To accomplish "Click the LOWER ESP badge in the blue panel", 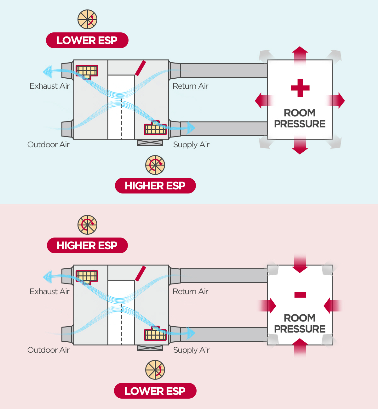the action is pos(87,40).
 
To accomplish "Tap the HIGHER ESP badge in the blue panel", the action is pos(155,186).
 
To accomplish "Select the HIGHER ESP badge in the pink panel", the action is pos(87,245).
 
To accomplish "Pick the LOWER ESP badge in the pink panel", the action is pos(155,391).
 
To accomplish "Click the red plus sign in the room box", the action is pos(300,88).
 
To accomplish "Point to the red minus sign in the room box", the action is pos(300,295).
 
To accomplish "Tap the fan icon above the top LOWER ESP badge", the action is pos(87,19).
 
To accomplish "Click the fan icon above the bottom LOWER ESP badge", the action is pos(155,370).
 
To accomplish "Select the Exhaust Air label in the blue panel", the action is pos(49,86).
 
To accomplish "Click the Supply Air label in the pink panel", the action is pos(191,350).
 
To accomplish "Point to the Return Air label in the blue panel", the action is pos(190,86).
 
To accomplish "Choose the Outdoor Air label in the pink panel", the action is pos(48,350).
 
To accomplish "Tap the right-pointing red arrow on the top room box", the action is pos(336,100).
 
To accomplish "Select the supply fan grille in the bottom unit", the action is pos(155,333).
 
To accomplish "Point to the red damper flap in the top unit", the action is pos(140,68).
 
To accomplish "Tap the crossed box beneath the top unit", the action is pos(150,142).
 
